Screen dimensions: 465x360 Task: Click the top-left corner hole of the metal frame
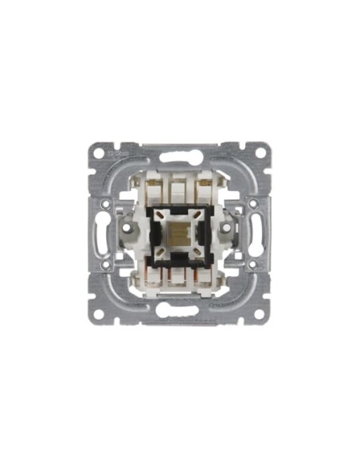coord(99,150)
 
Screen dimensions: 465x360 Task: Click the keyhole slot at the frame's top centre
coord(180,149)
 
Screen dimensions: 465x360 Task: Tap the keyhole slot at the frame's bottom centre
coord(180,313)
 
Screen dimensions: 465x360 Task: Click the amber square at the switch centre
coord(180,232)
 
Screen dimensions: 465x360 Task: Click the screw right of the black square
coord(233,232)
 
